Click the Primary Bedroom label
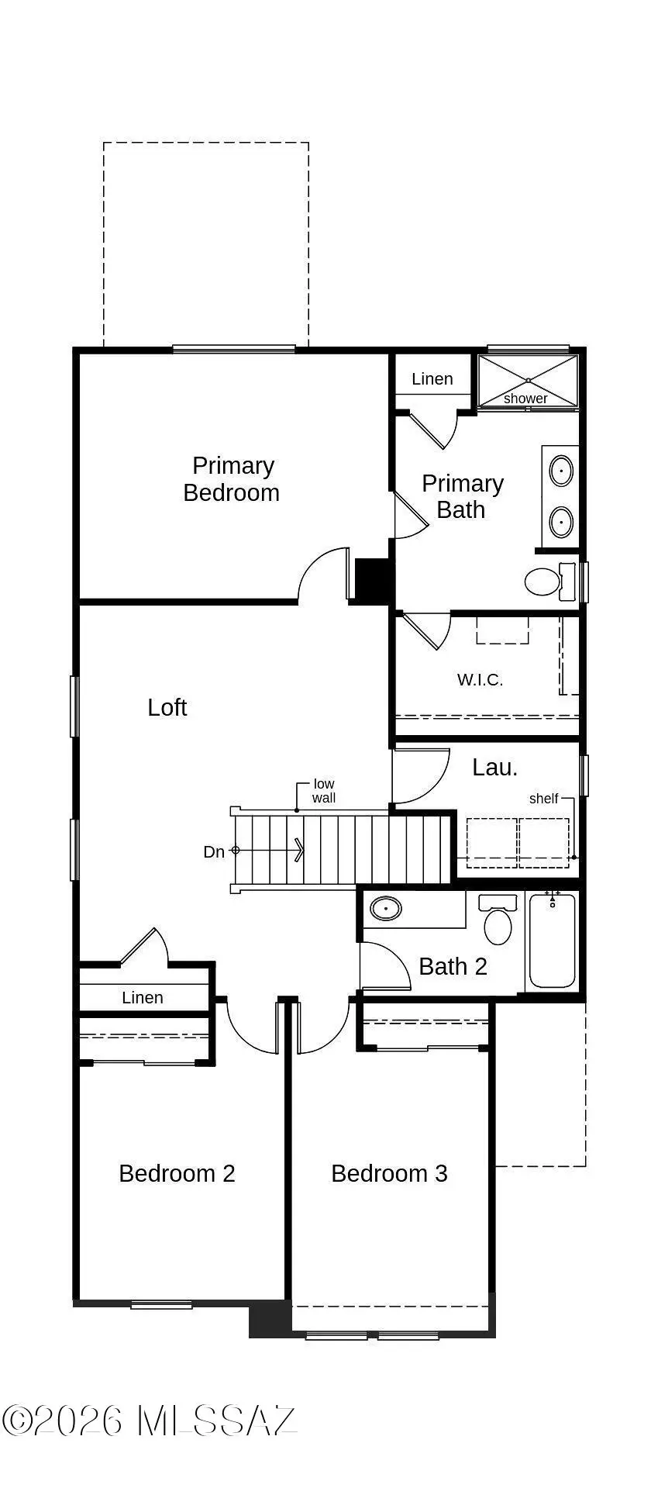tap(232, 479)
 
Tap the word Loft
tap(167, 707)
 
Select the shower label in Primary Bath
tap(525, 399)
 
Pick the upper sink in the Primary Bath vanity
tap(561, 471)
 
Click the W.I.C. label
tap(480, 680)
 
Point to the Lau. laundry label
tap(495, 768)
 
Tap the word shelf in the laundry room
tap(543, 799)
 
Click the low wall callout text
tap(324, 791)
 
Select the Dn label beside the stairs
tap(214, 852)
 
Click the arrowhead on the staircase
tap(299, 851)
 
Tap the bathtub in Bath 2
tap(553, 941)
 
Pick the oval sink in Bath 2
tap(385, 908)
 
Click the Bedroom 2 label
tap(177, 1174)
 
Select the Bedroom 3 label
tap(389, 1174)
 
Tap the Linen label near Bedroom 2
tap(143, 998)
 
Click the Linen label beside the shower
tap(432, 379)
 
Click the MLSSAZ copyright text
tap(150, 1421)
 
